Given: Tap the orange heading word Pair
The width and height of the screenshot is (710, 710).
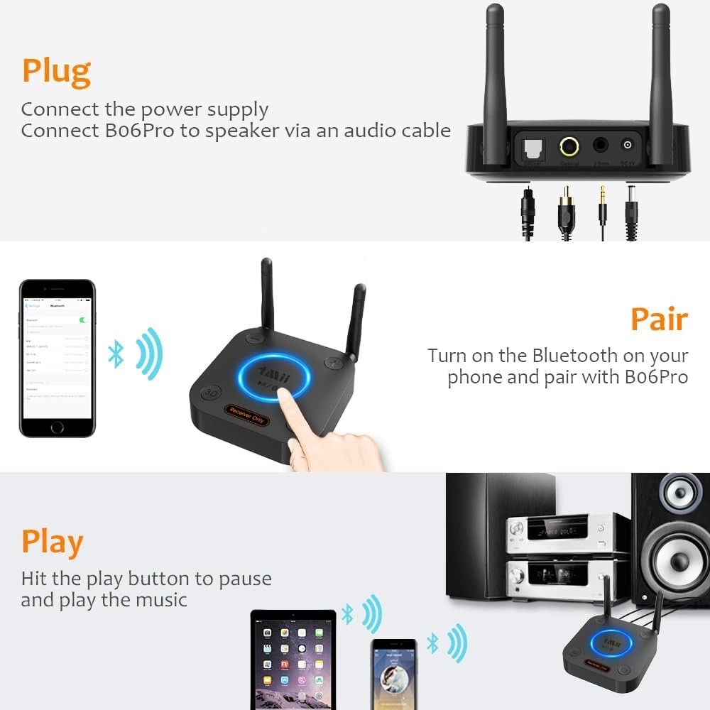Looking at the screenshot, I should point(659,320).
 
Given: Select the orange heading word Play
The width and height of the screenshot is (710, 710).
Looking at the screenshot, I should point(52,542).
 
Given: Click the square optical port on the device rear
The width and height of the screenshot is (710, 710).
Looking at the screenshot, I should point(532,148).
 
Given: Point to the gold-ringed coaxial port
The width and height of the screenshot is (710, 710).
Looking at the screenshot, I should point(568,147).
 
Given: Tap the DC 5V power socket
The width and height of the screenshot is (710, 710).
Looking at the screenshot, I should point(627,146).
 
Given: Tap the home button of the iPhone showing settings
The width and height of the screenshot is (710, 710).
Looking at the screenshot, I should point(57,427).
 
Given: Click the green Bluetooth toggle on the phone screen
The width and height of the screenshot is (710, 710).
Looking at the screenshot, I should point(84,320).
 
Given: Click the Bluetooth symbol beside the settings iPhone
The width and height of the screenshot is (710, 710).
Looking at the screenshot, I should point(116,354).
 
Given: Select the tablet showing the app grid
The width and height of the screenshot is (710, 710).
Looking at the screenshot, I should point(293,657).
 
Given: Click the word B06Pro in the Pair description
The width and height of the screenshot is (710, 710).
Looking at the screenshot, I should point(656,377).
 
